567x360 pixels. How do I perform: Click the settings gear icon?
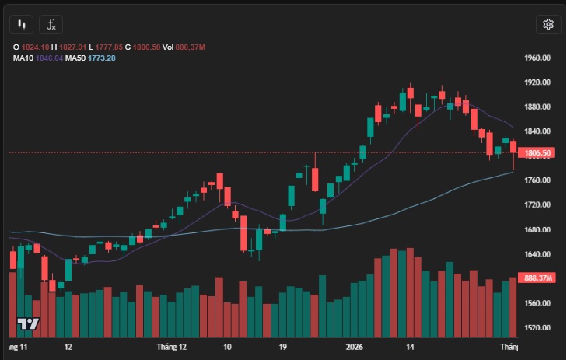tap(548, 24)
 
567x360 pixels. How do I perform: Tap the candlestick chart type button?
tap(22, 24)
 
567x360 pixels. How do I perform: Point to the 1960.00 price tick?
tap(537, 58)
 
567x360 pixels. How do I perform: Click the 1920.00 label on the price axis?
tap(537, 82)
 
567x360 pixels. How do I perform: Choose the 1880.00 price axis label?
tap(537, 107)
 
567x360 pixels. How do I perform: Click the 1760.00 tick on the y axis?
tap(537, 180)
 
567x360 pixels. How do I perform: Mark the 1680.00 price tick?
tap(537, 229)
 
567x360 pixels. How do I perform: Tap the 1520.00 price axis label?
tap(537, 328)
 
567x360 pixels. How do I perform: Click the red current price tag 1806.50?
tap(537, 153)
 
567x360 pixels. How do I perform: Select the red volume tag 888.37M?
tap(537, 278)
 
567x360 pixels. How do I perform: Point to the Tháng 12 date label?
tap(171, 348)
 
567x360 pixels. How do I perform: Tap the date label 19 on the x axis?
tap(283, 348)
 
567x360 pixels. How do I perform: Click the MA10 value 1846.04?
tap(49, 58)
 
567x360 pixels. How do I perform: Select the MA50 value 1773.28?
tap(101, 58)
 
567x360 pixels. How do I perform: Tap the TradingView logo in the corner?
tap(29, 323)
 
